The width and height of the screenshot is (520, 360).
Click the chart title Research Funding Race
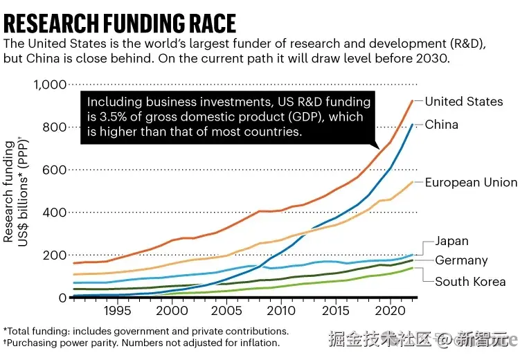click(119, 24)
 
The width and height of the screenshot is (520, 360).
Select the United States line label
click(463, 102)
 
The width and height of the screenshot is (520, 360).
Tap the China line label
click(441, 125)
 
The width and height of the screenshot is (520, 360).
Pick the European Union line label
click(471, 183)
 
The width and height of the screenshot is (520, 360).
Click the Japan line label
click(451, 242)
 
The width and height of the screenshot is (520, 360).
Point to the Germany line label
click(461, 261)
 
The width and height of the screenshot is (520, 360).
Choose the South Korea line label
click(469, 282)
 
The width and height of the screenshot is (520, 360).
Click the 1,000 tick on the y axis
click(50, 85)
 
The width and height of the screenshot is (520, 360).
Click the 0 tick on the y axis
click(62, 298)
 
